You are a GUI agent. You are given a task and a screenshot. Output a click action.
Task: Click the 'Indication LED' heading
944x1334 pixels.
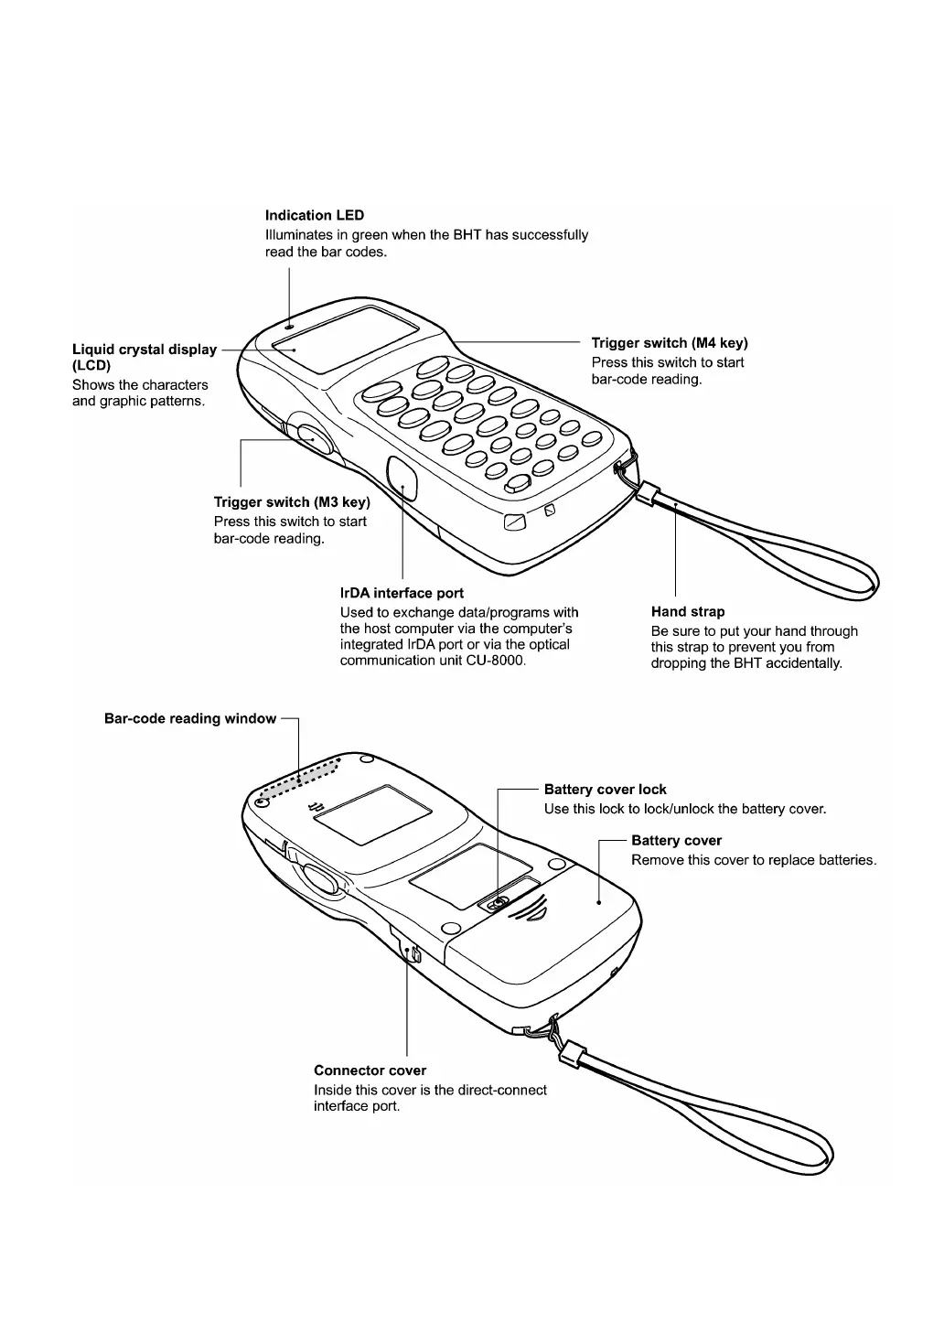314,216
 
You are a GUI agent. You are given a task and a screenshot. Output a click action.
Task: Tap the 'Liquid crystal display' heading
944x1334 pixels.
145,350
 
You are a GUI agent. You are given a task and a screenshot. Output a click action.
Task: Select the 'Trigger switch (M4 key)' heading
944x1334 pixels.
669,343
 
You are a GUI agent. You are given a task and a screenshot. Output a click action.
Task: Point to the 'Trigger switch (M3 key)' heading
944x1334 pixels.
291,502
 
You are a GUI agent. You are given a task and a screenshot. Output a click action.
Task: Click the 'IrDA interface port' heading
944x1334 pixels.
402,593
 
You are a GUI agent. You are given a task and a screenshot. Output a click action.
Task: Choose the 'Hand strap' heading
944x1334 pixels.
687,612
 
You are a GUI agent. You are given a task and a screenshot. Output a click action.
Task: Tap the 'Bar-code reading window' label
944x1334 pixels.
189,719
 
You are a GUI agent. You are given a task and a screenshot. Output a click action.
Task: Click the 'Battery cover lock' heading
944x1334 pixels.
605,790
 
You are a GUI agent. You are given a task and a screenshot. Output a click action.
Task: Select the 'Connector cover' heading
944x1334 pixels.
370,1070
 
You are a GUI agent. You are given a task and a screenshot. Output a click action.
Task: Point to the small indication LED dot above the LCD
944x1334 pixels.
290,323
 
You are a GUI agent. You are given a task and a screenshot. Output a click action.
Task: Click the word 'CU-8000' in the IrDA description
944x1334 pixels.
498,661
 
